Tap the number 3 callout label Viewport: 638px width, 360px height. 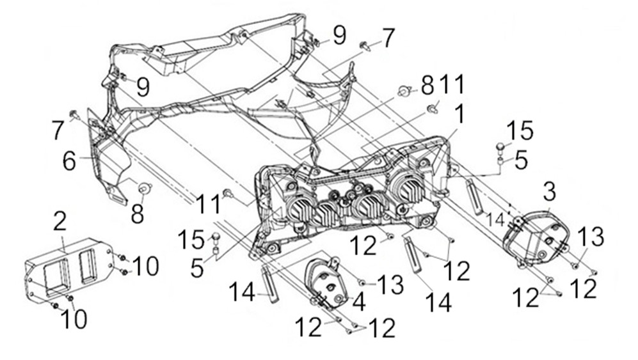(x=548, y=191)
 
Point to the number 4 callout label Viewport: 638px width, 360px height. (x=359, y=301)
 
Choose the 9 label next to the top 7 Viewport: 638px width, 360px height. (x=339, y=35)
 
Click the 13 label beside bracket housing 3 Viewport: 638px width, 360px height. (x=592, y=237)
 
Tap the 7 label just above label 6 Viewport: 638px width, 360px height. (x=59, y=131)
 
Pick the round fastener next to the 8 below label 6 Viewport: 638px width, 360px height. (x=143, y=187)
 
